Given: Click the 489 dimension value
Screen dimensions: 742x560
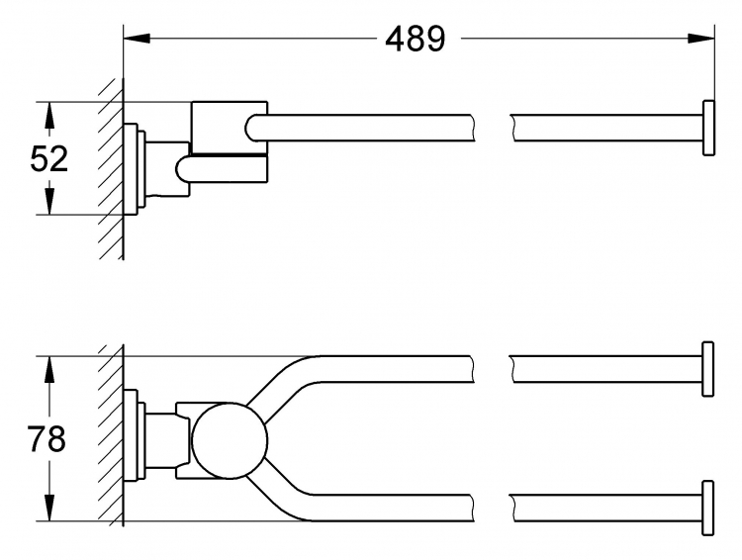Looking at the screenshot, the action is [415, 39].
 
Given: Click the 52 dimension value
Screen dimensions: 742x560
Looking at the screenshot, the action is [48, 158].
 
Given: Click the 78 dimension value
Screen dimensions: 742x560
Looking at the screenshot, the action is [46, 439].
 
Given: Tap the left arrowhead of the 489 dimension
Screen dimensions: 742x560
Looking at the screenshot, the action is [137, 39].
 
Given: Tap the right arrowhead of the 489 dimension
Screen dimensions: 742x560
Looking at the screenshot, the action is [700, 39].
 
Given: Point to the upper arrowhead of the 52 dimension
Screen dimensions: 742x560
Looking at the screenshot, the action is [48, 116].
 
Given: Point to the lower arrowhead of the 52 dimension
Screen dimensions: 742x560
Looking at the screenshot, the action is [48, 201].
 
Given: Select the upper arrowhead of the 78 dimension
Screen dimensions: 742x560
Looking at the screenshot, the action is [48, 370].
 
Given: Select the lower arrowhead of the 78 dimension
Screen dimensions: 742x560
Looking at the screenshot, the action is [48, 508].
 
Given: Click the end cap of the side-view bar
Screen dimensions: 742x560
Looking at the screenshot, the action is [708, 128].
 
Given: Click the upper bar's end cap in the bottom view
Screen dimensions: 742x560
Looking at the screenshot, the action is [708, 369].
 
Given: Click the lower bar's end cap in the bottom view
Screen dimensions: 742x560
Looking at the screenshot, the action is [708, 508].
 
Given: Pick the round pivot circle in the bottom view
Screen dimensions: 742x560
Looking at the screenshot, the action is [230, 440].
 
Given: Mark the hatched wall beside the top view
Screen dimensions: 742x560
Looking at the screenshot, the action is [112, 168].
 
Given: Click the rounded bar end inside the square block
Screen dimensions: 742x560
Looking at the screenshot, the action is [251, 128].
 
